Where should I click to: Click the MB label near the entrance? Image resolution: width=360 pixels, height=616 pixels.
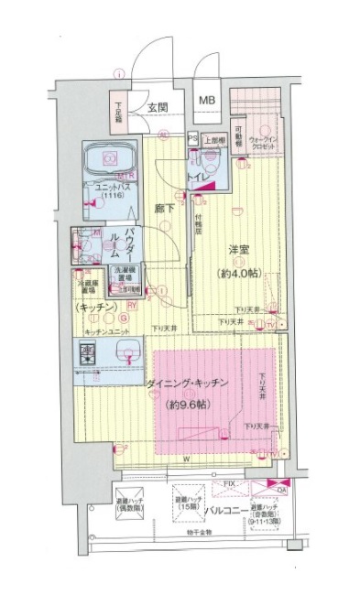coord(208,99)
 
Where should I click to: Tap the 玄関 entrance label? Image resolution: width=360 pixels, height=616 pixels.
coord(157,107)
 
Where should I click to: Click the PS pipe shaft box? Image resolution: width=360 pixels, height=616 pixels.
coord(192,139)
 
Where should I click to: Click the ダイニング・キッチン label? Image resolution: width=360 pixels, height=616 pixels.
coord(192,386)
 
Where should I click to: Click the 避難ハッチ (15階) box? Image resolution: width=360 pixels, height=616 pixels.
coord(186,500)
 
